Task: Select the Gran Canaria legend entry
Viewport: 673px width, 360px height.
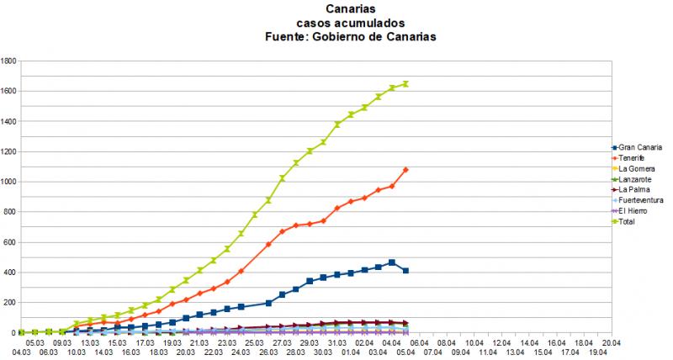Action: [x=639, y=148]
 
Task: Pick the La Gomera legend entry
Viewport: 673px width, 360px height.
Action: [x=637, y=169]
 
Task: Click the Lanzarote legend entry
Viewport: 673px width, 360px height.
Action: [x=636, y=180]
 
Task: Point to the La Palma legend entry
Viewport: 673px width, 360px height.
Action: [x=635, y=190]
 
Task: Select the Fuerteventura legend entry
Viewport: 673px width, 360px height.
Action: [x=640, y=201]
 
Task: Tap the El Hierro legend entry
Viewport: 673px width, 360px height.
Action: [x=635, y=211]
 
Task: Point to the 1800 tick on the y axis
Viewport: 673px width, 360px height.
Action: [x=10, y=61]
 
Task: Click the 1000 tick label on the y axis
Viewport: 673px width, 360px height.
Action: [x=10, y=182]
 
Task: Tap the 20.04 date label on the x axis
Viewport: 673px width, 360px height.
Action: [x=611, y=342]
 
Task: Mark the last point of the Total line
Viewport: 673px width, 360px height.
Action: [x=405, y=83]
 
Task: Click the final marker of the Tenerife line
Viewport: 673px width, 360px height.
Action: [x=405, y=170]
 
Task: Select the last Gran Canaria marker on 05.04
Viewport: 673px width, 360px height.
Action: [x=405, y=271]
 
